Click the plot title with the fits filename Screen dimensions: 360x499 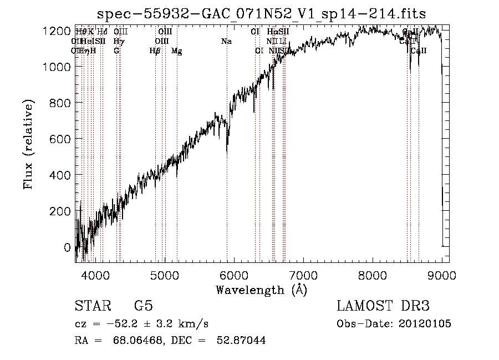coord(261,14)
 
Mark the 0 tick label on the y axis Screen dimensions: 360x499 coord(68,247)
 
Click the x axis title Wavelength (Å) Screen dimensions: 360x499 coord(261,290)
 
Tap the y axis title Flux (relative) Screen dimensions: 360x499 coord(28,144)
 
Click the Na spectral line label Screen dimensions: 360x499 coord(226,42)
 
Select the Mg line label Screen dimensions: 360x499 coord(177,51)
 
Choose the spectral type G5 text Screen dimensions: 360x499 coord(144,306)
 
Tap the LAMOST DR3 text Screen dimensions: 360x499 coord(383,306)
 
